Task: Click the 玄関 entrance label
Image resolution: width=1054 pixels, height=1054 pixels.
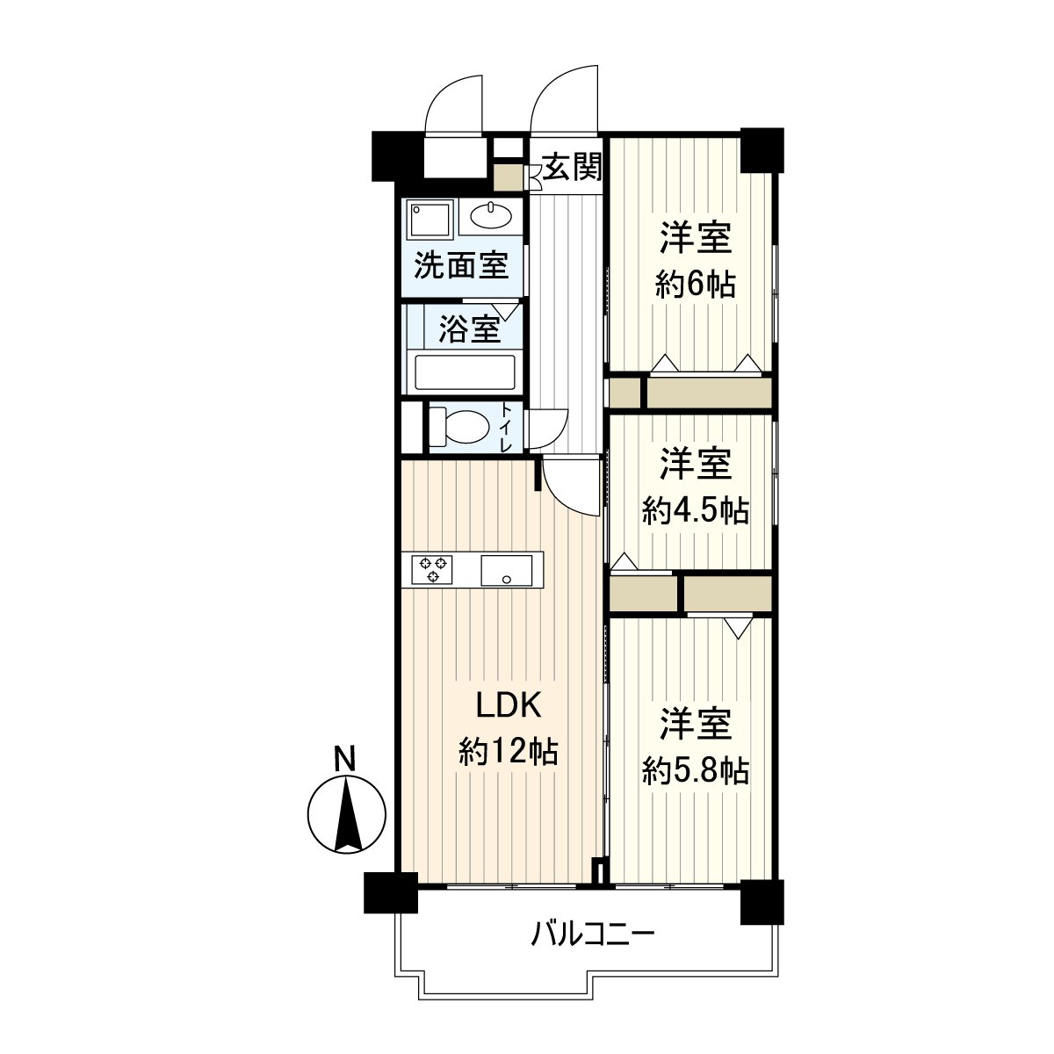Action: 572,167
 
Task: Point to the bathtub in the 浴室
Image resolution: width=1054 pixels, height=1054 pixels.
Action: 465,372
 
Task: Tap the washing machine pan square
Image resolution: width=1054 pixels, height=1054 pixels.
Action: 430,218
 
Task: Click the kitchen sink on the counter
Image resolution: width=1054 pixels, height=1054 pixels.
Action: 507,570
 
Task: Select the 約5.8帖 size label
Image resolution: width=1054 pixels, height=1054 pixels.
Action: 695,770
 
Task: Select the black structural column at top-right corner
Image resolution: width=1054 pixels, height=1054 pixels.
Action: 761,150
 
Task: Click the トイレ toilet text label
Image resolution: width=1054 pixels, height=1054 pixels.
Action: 507,428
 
